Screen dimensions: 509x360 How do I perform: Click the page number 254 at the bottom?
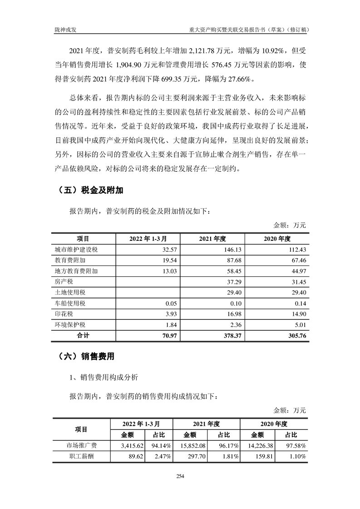coord(180,476)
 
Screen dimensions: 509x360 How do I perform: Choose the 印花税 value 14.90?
coord(298,314)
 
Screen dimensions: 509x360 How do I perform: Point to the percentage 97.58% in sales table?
coord(296,445)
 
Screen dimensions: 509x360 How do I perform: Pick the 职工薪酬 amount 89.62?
coord(133,456)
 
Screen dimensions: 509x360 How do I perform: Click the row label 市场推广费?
coord(81,445)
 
